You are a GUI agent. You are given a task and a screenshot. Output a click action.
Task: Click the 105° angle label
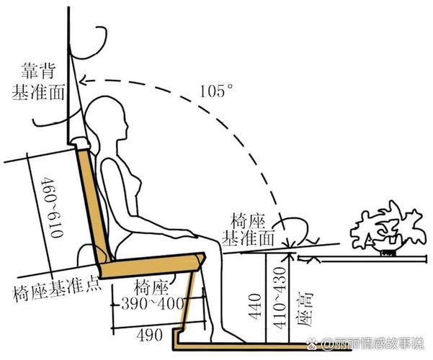coord(215,91)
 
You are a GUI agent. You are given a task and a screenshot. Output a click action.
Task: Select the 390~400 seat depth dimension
coord(153,304)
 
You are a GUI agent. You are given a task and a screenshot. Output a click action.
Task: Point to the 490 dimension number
coord(149,335)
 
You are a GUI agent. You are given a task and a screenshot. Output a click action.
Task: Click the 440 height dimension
coord(255,307)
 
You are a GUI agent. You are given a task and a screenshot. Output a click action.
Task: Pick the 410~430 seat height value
coord(280,298)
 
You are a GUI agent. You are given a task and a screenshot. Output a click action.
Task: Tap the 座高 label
coord(305,309)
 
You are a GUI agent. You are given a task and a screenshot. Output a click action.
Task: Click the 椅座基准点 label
coord(57,291)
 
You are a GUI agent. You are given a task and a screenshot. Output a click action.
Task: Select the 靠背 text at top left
coord(39,71)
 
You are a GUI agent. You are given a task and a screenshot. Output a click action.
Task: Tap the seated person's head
coord(107,117)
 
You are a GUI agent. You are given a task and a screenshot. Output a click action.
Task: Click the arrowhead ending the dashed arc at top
coord(83,81)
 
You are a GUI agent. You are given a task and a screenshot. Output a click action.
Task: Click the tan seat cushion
coord(152,266)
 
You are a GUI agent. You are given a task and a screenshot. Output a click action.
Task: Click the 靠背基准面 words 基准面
coord(38,92)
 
